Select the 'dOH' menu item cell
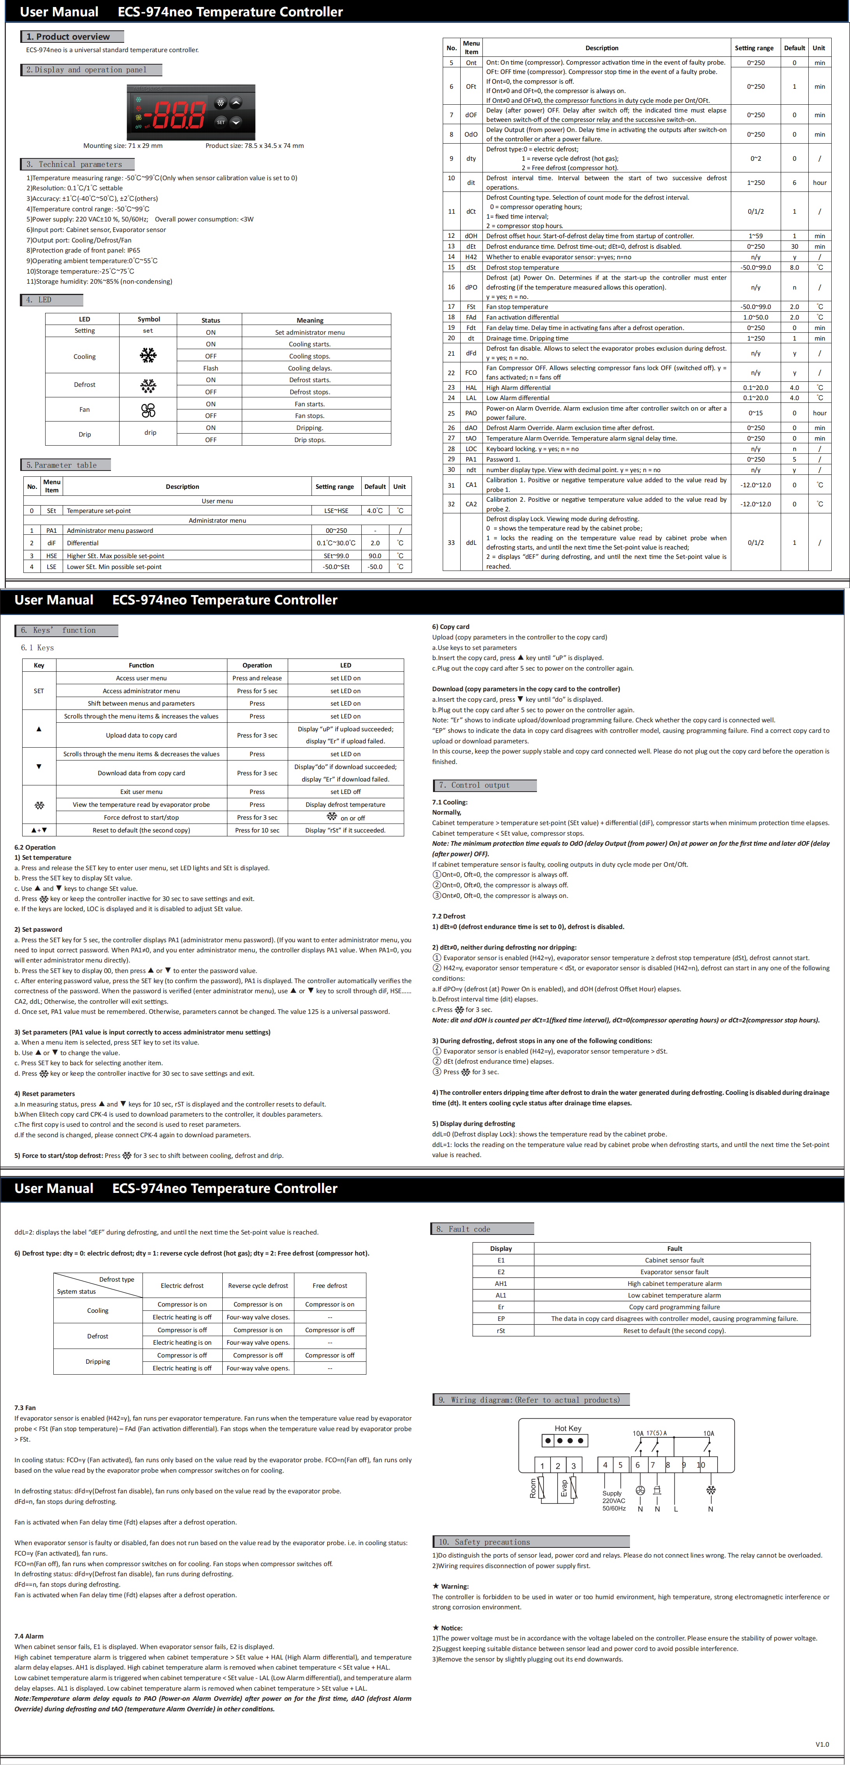471,236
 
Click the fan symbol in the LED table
148,410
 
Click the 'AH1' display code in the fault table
501,1283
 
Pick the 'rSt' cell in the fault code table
501,1331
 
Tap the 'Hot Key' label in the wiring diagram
568,1428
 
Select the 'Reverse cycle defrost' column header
258,1286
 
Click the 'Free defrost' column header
330,1286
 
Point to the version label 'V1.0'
822,1744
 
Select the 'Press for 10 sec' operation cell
257,830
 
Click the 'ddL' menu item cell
471,543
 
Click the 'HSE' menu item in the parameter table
51,556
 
